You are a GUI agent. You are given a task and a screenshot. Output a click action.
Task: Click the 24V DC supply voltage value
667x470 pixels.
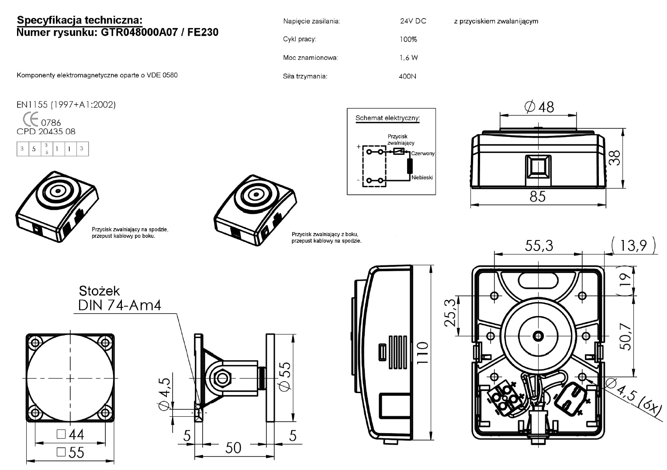click(413, 21)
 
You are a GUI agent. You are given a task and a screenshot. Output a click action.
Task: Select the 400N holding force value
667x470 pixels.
click(407, 77)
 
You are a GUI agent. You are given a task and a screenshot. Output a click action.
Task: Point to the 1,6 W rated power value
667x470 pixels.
click(408, 58)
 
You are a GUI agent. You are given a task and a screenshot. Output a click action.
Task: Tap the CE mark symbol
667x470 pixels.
click(30, 119)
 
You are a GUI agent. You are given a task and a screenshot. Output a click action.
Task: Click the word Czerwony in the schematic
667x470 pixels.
click(422, 153)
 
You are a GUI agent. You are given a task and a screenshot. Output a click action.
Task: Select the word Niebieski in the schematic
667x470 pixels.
click(422, 178)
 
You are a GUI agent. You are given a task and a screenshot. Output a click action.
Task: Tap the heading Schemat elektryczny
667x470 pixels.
click(387, 118)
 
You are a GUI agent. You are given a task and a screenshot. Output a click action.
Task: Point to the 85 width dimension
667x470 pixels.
click(538, 197)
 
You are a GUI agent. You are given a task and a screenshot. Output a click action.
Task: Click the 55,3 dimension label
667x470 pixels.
click(539, 246)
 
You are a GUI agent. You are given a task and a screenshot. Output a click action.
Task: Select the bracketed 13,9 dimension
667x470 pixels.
click(633, 246)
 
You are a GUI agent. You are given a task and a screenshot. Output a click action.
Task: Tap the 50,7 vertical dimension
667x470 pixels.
click(626, 336)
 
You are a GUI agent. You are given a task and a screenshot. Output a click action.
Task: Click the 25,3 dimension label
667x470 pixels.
click(450, 313)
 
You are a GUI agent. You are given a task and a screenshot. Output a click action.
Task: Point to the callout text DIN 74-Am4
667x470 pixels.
click(120, 305)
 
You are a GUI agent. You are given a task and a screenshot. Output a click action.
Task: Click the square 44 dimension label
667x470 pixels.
click(71, 434)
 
